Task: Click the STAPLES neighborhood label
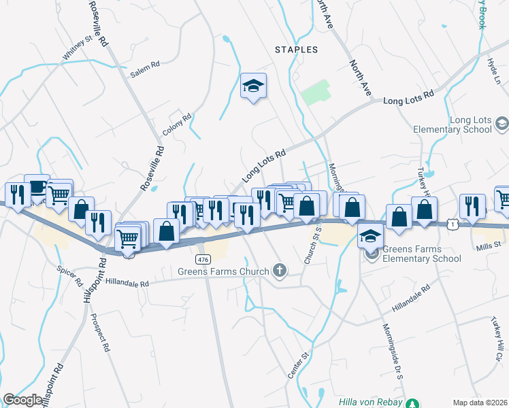coord(296,50)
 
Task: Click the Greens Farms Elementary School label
coord(422,254)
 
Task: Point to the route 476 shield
coord(202,260)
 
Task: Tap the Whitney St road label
coord(76,48)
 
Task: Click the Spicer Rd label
coord(70,275)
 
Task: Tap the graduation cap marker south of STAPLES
coord(253,86)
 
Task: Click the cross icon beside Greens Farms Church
coord(279,271)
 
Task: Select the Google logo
coord(22,400)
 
